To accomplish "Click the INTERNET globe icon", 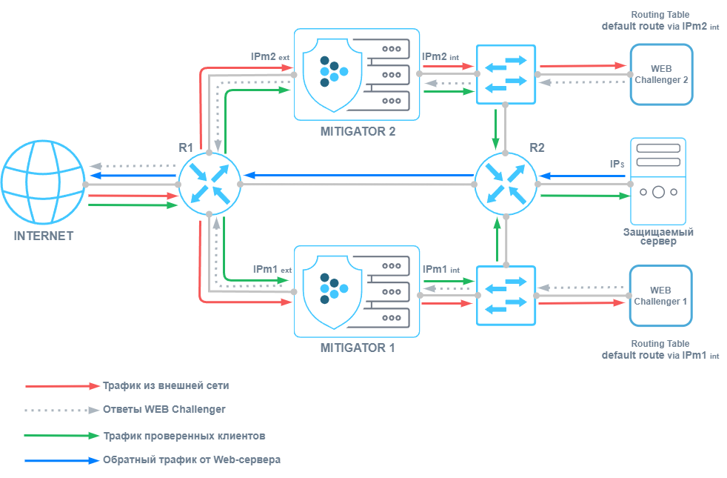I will (42, 183).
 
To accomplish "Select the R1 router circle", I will (210, 184).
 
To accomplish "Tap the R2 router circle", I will (506, 183).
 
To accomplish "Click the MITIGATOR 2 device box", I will (357, 74).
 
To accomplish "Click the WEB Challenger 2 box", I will (661, 74).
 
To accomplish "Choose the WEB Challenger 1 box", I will (660, 296).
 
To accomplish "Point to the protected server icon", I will (658, 182).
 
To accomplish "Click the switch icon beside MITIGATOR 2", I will (506, 74).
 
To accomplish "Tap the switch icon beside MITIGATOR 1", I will (506, 294).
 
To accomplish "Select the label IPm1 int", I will (441, 270).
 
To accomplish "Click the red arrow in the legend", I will (62, 386).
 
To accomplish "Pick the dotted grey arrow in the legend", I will (62, 410).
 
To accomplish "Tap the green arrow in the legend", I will (62, 436).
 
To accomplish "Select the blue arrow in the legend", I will (62, 460).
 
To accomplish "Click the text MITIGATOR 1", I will (357, 347).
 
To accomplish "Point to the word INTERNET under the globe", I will (44, 236).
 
